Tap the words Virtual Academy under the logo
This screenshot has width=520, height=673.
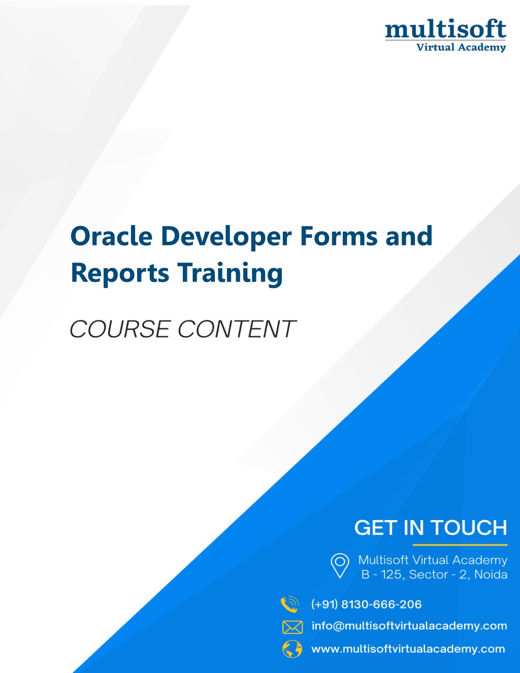click(461, 47)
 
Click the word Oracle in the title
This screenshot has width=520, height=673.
click(111, 236)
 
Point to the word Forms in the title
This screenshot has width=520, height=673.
click(339, 236)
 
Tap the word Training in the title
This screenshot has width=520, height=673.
click(230, 273)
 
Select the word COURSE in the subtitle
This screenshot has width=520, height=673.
click(120, 329)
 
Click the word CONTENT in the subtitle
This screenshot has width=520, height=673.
click(237, 329)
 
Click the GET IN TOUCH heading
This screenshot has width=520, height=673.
click(431, 527)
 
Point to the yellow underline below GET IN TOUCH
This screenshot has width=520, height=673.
click(460, 544)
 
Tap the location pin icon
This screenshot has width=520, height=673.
click(340, 565)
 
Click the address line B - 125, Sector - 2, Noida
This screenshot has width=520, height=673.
click(434, 574)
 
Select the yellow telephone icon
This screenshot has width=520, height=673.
click(290, 604)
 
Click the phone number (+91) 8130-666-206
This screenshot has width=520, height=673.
click(367, 604)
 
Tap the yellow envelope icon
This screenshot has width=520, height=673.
click(292, 627)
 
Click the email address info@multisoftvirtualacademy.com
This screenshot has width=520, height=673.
click(409, 626)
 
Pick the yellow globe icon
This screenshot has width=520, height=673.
click(292, 649)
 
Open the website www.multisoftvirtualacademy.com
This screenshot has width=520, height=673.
click(408, 649)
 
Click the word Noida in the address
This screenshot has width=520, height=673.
click(491, 574)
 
